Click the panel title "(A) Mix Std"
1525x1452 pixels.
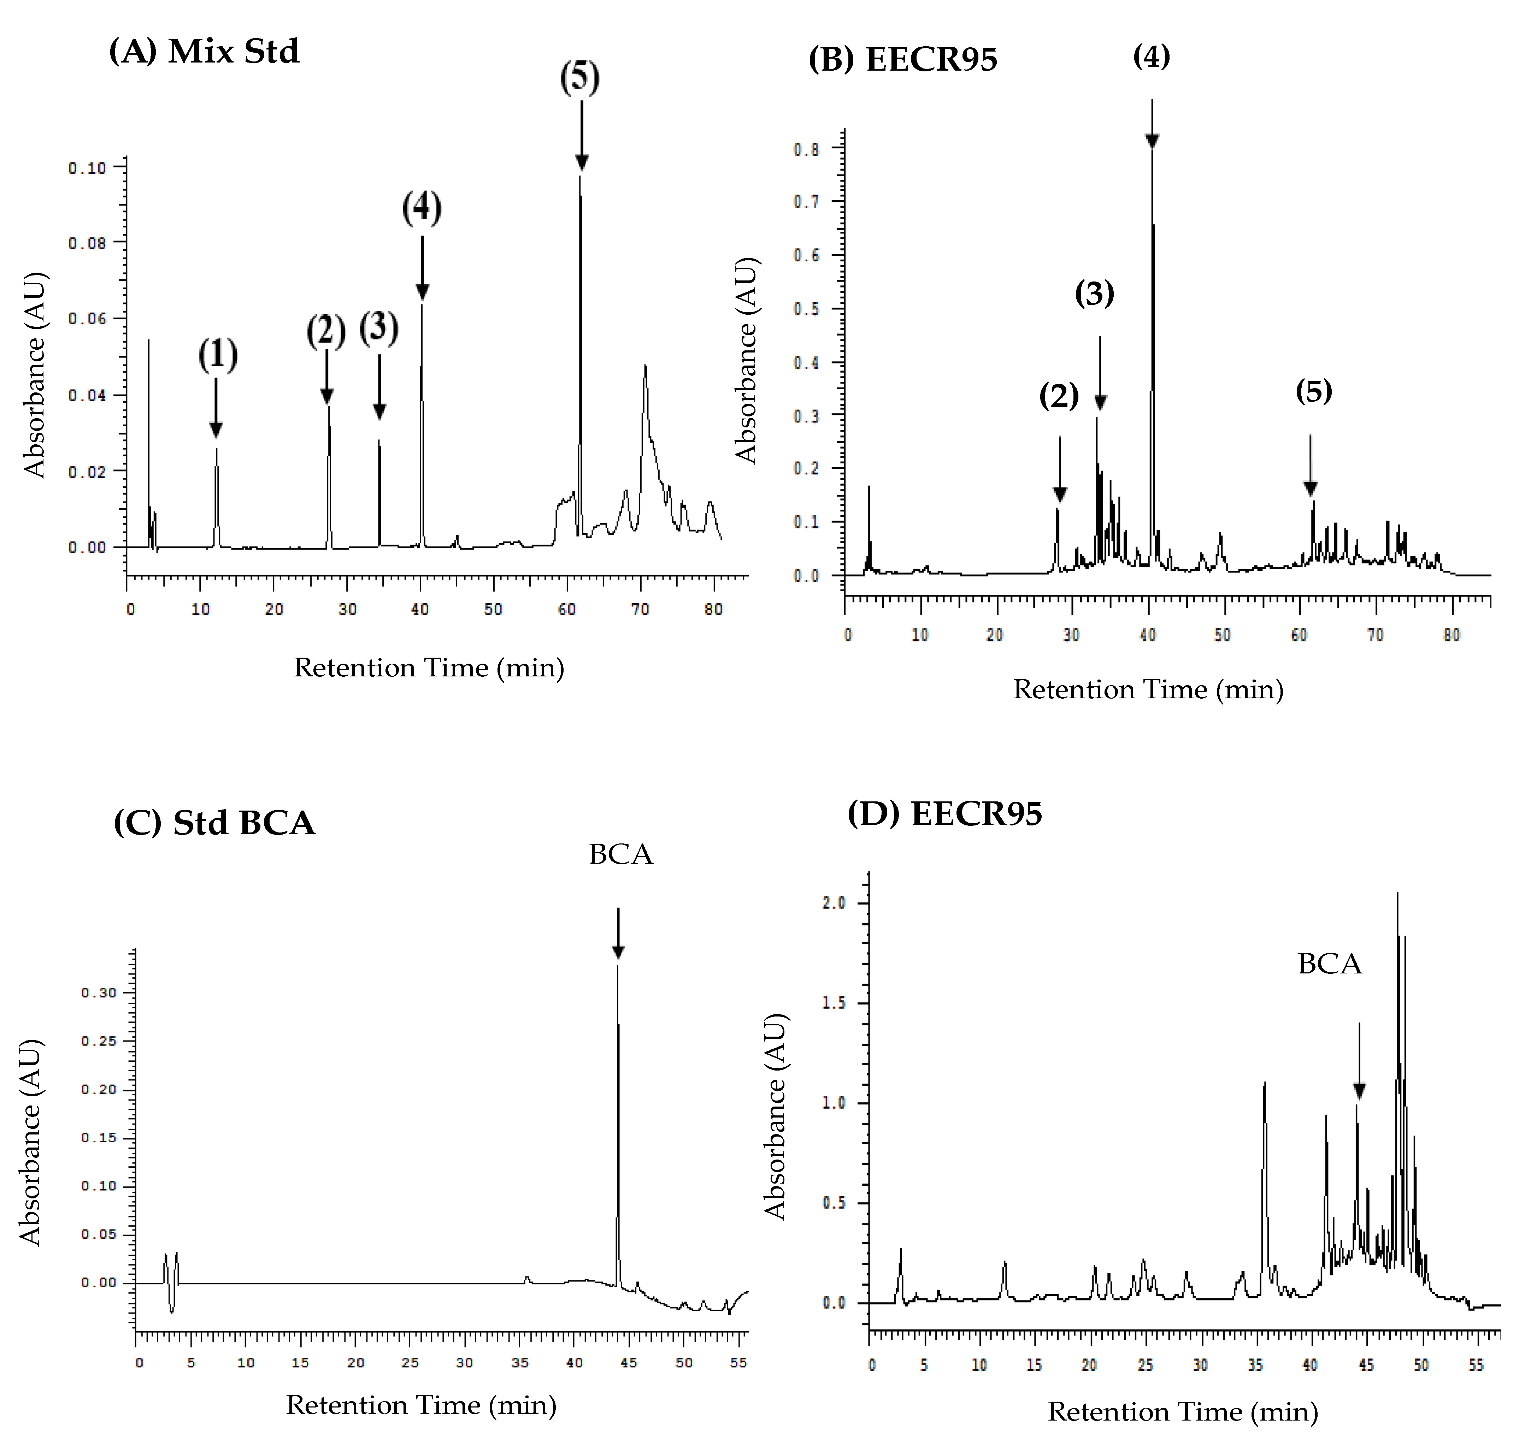coord(204,52)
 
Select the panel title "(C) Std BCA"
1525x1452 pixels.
coord(214,823)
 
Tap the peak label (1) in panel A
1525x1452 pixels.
coord(218,355)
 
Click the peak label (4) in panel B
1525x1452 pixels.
coord(1151,57)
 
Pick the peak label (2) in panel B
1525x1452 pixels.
coord(1058,396)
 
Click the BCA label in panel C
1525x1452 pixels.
coord(620,854)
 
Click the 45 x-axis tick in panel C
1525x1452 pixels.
coord(629,1362)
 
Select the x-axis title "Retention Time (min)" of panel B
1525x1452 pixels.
coord(1148,690)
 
